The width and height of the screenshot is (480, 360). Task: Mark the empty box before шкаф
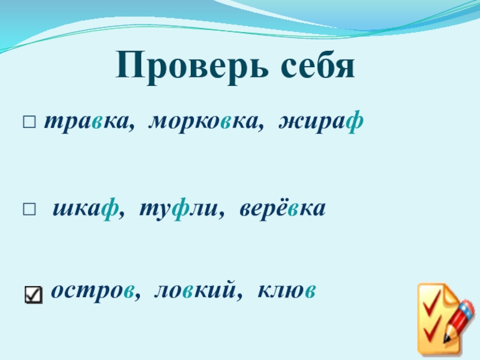click(29, 210)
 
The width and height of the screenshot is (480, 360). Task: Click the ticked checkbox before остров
click(34, 293)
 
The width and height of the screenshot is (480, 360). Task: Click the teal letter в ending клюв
click(310, 292)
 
